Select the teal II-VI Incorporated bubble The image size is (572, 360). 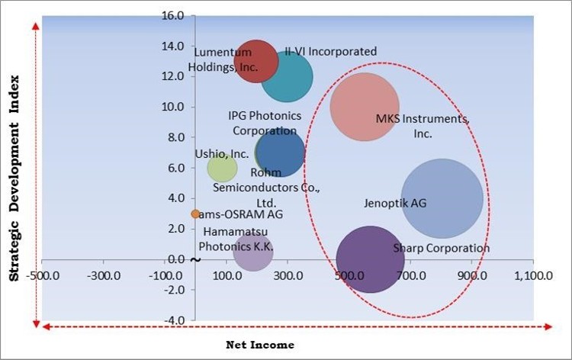click(x=287, y=77)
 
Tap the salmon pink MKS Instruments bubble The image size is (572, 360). click(x=365, y=107)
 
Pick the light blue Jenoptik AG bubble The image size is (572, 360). click(x=442, y=198)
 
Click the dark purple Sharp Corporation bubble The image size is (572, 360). click(x=370, y=259)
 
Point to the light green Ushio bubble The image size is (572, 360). click(x=222, y=168)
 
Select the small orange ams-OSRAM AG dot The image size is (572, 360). click(x=195, y=214)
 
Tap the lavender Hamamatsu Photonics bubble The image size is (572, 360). click(x=253, y=252)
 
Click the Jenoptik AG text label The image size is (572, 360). click(x=396, y=204)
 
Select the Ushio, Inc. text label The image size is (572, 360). click(x=216, y=153)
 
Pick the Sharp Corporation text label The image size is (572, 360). click(x=441, y=248)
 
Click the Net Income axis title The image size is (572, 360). click(x=260, y=345)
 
